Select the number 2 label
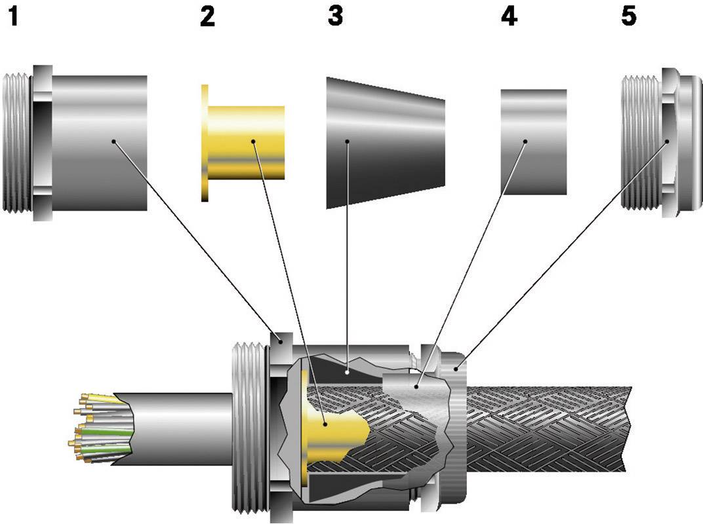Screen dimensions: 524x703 pos(207,17)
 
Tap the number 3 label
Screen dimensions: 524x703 pos(335,16)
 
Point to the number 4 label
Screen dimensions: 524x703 pos(508,16)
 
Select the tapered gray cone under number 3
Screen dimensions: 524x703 pos(386,142)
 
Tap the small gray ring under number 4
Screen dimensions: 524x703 pos(534,142)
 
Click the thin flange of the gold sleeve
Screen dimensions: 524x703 pos(205,142)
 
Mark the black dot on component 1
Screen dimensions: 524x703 pos(114,141)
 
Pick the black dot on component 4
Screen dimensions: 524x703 pos(526,141)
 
